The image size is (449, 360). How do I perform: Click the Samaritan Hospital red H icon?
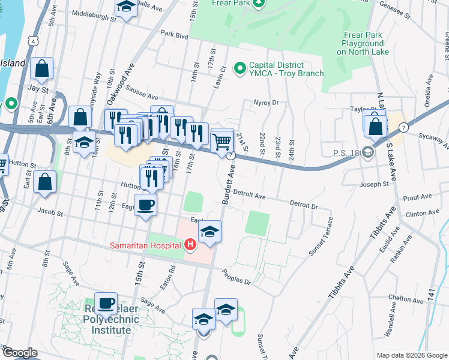pos(190,244)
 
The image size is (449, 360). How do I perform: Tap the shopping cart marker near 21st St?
pos(222,142)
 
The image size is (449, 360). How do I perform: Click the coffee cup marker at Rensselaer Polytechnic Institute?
pos(106,304)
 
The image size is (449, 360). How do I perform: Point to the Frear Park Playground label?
pos(363,43)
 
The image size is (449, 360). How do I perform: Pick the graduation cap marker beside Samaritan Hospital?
pos(209,232)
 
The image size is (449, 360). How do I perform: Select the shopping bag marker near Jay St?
pos(42,70)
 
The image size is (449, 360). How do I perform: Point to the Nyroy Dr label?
pos(267,103)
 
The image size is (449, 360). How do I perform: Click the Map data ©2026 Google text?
pos(411,355)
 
